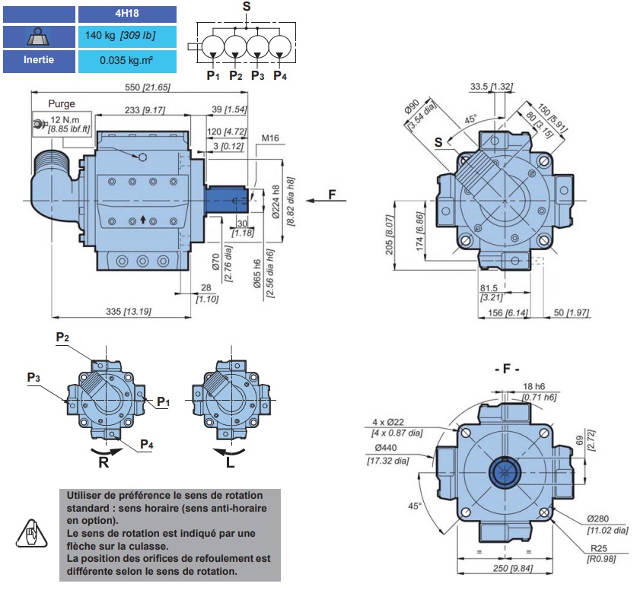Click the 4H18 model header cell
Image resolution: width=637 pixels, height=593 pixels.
pyautogui.click(x=126, y=14)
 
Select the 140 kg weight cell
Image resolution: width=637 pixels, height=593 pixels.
pyautogui.click(x=126, y=36)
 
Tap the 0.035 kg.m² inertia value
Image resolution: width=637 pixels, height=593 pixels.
pyautogui.click(x=126, y=60)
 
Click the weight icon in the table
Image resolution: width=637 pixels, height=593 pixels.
pyautogui.click(x=38, y=36)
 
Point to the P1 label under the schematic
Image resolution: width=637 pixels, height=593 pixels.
pyautogui.click(x=212, y=75)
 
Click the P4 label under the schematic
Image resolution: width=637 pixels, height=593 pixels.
pyautogui.click(x=280, y=75)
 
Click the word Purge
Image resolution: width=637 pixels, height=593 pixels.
pyautogui.click(x=62, y=103)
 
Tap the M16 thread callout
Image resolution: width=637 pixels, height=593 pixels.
pyautogui.click(x=271, y=138)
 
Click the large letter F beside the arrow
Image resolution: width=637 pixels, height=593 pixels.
pyautogui.click(x=332, y=194)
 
